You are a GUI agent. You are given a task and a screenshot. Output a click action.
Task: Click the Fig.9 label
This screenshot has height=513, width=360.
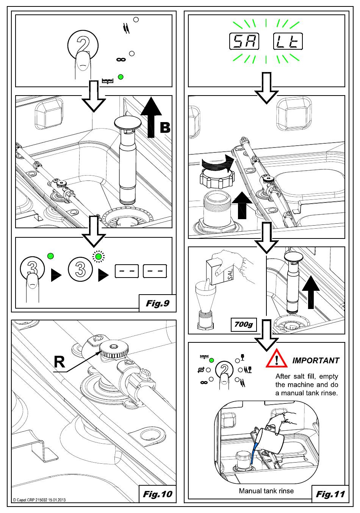[x=158, y=303]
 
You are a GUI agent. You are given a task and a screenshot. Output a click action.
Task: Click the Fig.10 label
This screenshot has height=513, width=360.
[x=158, y=494]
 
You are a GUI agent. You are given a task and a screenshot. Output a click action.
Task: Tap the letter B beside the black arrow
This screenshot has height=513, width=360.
[x=165, y=128]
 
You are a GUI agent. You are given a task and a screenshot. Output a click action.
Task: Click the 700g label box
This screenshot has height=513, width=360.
[x=243, y=325]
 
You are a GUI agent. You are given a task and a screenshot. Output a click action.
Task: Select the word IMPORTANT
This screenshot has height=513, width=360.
[x=316, y=361]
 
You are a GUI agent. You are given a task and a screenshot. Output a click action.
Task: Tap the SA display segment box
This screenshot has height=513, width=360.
[x=244, y=42]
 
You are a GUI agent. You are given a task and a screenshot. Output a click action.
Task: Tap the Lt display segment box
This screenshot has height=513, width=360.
[x=288, y=42]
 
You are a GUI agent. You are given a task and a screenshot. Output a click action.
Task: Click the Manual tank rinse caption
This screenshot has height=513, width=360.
[x=266, y=491]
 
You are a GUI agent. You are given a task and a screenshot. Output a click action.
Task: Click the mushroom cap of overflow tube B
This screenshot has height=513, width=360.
[x=127, y=122]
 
